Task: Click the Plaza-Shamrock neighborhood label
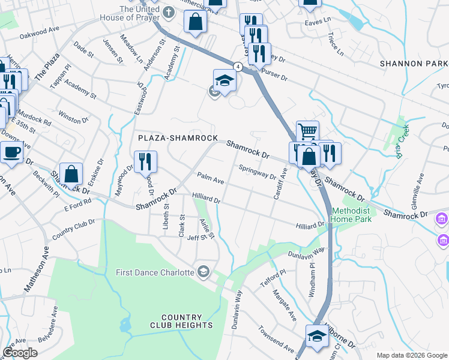click(x=178, y=138)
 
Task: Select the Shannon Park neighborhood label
click(x=414, y=64)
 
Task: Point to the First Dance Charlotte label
click(x=155, y=272)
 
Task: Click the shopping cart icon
click(x=307, y=132)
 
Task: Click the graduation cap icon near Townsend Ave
click(x=316, y=336)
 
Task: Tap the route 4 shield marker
click(x=238, y=67)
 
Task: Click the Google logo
click(x=20, y=353)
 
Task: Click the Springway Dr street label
click(x=257, y=173)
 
